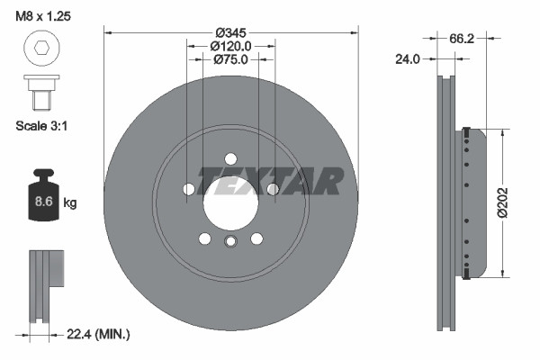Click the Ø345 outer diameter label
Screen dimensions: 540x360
click(230, 33)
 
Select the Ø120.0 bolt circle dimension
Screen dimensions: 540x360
click(230, 46)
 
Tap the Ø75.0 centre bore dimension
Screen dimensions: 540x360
click(230, 59)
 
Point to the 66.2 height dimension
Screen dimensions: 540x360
click(462, 39)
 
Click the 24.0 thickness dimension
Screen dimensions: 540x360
click(408, 59)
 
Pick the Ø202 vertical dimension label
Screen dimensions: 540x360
click(502, 202)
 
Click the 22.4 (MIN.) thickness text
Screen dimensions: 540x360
click(98, 334)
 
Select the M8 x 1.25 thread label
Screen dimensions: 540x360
click(43, 16)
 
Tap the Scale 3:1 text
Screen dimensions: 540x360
click(41, 126)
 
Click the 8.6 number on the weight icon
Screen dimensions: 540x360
click(44, 202)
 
